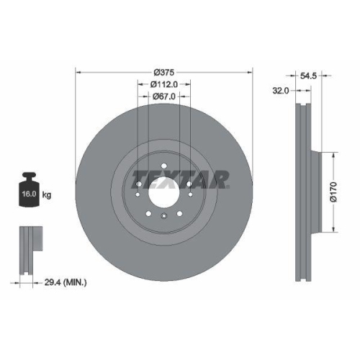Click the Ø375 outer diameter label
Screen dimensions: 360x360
tap(165, 73)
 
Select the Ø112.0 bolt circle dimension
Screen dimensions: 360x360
tap(165, 85)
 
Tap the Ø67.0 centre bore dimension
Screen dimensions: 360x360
tap(165, 97)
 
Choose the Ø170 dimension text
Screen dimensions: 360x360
tap(332, 192)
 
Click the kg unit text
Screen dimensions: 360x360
tap(48, 195)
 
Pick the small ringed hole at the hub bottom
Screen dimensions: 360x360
tap(164, 217)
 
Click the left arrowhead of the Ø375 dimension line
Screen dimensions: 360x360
tap(78, 73)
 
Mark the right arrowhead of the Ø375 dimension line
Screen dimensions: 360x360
tap(252, 73)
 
